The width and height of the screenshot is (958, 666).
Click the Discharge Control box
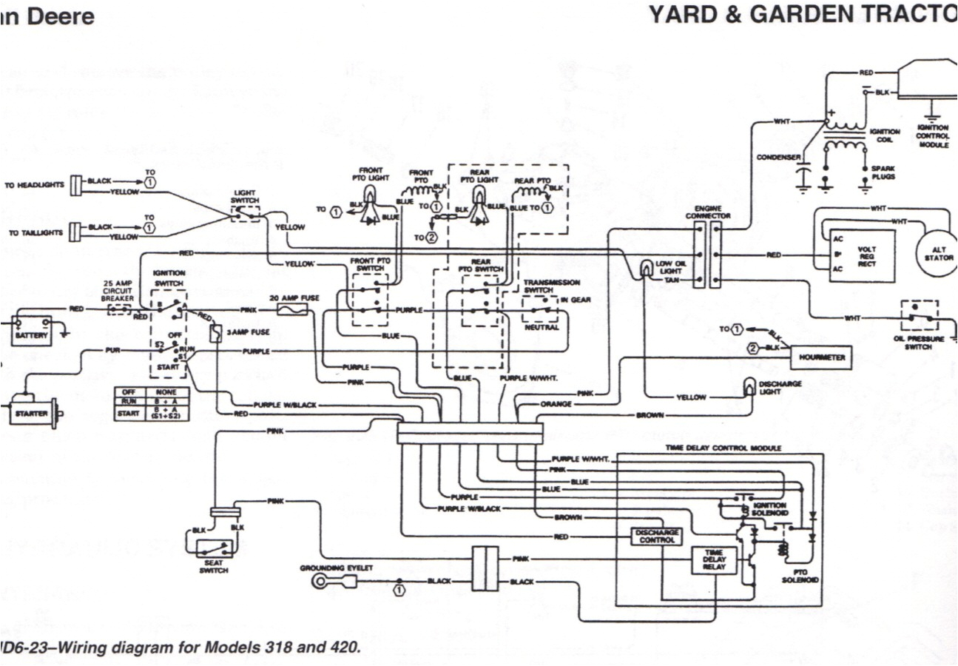[x=656, y=536]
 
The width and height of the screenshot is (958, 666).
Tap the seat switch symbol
[x=214, y=548]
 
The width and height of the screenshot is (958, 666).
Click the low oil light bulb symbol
[x=647, y=268]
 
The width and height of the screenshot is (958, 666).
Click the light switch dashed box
[x=245, y=212]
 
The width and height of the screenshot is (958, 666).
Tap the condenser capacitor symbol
[x=801, y=177]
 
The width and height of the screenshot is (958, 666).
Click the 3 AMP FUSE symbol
[x=215, y=334]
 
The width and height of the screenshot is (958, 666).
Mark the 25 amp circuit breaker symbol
[x=119, y=309]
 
